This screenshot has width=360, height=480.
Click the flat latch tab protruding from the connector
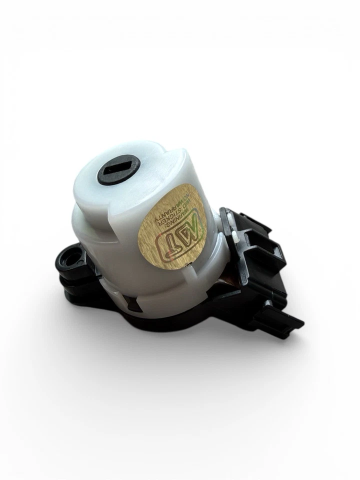pyautogui.click(x=285, y=320)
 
